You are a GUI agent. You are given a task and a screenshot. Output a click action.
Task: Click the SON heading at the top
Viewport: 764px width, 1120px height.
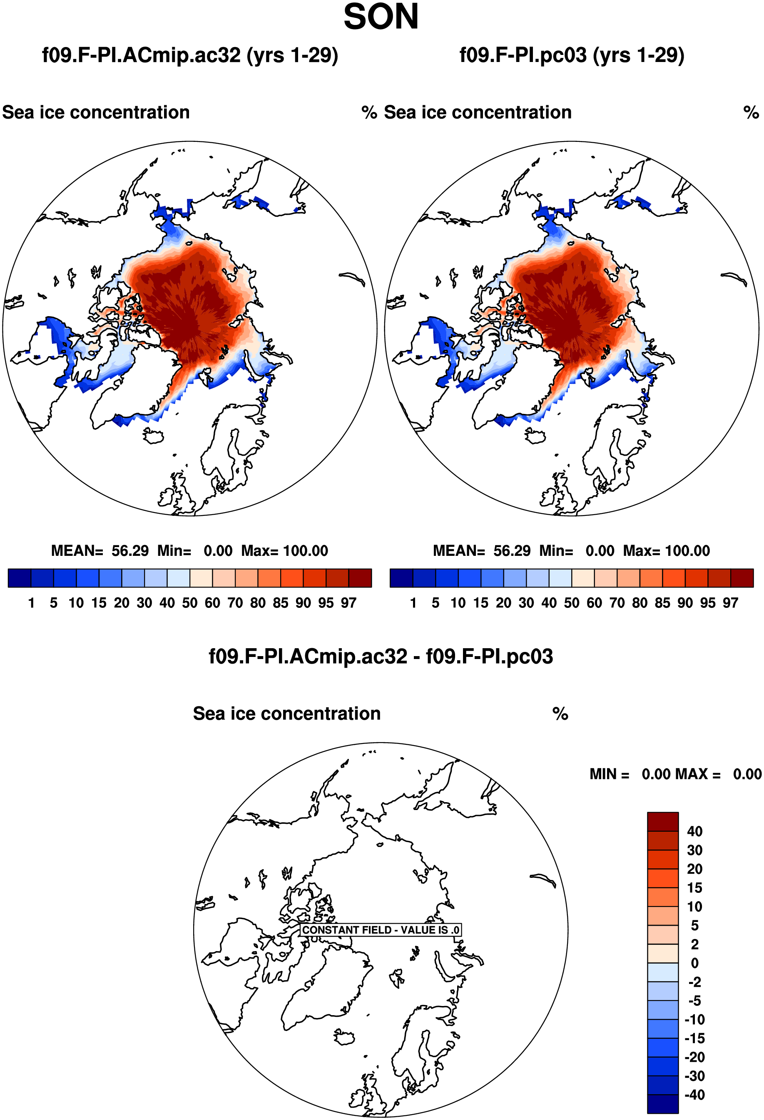tap(381, 17)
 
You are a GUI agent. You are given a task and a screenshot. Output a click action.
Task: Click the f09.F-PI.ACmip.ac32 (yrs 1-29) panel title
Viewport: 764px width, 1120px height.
tap(190, 56)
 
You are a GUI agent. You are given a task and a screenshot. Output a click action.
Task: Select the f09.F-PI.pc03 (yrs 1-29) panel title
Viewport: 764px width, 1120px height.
tap(572, 56)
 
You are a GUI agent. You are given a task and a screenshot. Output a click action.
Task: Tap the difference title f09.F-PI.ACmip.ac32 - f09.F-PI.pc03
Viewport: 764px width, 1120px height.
tap(381, 657)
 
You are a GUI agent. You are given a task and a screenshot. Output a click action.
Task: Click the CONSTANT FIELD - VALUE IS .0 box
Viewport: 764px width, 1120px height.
tap(381, 929)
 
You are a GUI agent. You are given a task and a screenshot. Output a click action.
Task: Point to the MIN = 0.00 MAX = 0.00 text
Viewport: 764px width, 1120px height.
tap(676, 774)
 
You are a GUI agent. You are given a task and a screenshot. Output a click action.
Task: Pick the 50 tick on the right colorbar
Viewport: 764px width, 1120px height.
tap(572, 603)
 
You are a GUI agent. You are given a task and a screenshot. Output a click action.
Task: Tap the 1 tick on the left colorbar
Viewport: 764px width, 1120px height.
tap(31, 603)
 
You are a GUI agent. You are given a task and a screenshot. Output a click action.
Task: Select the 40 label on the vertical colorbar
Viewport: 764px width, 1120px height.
tap(694, 831)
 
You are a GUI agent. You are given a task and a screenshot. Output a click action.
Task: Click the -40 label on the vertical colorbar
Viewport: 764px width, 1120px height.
tap(694, 1095)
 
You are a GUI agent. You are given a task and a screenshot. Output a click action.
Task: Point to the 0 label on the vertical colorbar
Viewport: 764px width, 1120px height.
tap(694, 963)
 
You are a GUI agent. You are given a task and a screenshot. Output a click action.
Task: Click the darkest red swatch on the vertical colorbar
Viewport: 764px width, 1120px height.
tap(663, 822)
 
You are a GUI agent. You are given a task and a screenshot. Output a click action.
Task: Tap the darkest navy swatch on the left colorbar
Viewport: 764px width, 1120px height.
tap(20, 578)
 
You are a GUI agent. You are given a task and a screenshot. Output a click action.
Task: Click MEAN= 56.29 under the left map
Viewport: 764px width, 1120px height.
tap(100, 551)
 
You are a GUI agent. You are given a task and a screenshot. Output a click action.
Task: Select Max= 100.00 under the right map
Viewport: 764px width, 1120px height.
tap(666, 551)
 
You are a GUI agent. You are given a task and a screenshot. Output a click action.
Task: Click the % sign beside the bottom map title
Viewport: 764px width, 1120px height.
tap(560, 714)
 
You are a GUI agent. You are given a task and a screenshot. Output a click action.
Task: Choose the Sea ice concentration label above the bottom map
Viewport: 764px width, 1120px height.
tap(287, 714)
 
